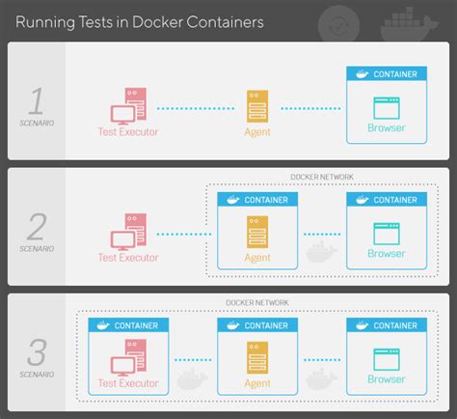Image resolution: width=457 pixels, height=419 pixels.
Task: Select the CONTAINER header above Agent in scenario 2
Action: point(255,200)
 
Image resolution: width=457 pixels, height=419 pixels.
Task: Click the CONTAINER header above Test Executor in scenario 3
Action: point(127,326)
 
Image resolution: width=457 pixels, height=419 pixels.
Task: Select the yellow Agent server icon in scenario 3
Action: point(255,358)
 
